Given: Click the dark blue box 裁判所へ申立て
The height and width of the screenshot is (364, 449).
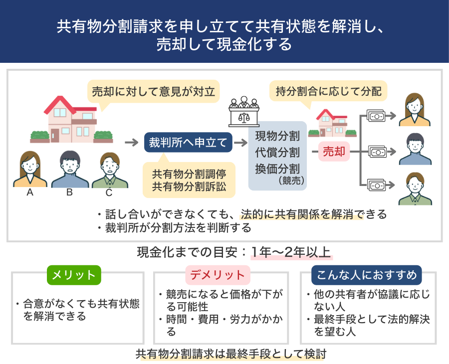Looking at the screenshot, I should point(188,143).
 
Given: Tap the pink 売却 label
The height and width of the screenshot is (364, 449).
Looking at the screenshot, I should point(334,152).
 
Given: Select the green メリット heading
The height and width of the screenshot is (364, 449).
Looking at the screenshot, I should point(74,275).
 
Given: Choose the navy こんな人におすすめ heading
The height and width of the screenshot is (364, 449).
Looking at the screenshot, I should point(366,275).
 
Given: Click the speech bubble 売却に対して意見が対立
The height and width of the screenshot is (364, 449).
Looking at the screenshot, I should point(153,92).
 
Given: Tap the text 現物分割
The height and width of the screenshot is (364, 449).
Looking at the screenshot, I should point(277,136).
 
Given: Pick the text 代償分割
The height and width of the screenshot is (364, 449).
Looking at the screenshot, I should point(277,152).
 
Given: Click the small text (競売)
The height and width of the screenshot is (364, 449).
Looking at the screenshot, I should point(291,180).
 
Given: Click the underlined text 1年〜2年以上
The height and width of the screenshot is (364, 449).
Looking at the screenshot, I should point(291,252).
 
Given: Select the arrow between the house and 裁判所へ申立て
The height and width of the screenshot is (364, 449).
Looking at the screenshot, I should point(131,143).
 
